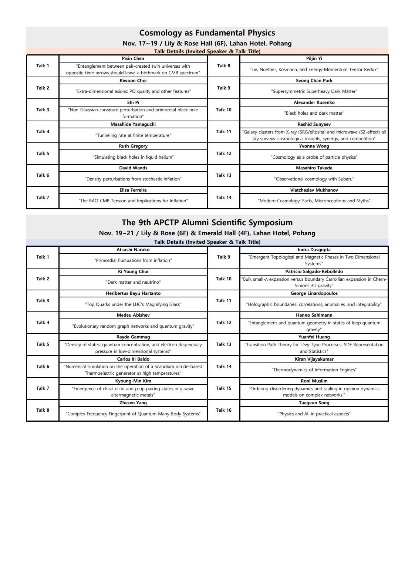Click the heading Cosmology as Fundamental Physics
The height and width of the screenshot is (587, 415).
(207, 33)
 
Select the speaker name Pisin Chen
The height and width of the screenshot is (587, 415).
(133, 58)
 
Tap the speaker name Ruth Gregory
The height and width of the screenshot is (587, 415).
(133, 146)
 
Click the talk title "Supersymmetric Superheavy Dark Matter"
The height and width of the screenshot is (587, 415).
(314, 91)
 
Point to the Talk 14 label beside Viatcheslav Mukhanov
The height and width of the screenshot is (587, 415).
(224, 198)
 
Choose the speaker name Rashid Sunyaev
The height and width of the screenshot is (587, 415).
(314, 124)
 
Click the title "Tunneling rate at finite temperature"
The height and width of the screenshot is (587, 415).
(133, 135)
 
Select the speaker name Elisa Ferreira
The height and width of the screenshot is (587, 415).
(133, 190)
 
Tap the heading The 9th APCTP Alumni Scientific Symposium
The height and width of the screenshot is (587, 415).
(207, 223)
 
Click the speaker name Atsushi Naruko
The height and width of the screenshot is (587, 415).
(133, 250)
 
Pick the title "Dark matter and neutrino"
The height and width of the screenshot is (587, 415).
(133, 282)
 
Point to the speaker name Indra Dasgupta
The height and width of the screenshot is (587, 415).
(314, 250)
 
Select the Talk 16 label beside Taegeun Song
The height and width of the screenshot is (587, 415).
(224, 410)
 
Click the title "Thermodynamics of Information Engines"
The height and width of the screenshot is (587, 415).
(314, 370)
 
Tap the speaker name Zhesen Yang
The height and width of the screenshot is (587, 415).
(133, 403)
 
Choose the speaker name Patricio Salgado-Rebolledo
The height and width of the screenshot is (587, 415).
(314, 271)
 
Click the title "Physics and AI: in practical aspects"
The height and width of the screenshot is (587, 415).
(314, 414)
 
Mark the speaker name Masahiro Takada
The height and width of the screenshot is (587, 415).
(314, 168)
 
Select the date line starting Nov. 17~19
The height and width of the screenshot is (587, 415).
(207, 43)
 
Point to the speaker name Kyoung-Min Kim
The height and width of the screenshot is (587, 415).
(133, 381)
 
